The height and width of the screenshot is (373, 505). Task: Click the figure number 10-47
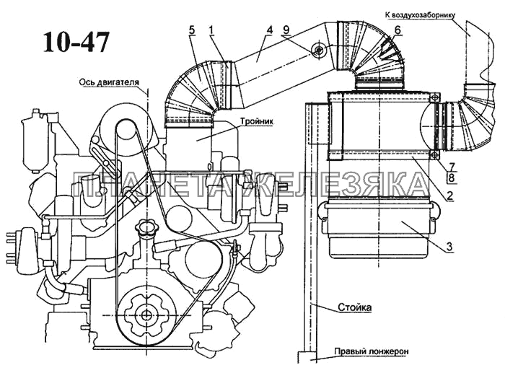pyautogui.click(x=76, y=42)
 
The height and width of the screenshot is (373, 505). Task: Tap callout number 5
pyautogui.click(x=192, y=30)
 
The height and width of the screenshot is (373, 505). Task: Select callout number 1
pyautogui.click(x=211, y=30)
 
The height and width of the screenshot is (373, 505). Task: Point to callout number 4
pyautogui.click(x=269, y=30)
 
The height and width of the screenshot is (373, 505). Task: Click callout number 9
pyautogui.click(x=286, y=30)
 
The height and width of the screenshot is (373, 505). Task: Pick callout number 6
pyautogui.click(x=398, y=30)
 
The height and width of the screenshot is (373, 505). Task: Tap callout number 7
pyautogui.click(x=452, y=167)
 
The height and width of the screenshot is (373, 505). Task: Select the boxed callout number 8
pyautogui.click(x=452, y=177)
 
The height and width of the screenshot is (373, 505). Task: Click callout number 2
pyautogui.click(x=449, y=196)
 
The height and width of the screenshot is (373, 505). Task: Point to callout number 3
pyautogui.click(x=449, y=247)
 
